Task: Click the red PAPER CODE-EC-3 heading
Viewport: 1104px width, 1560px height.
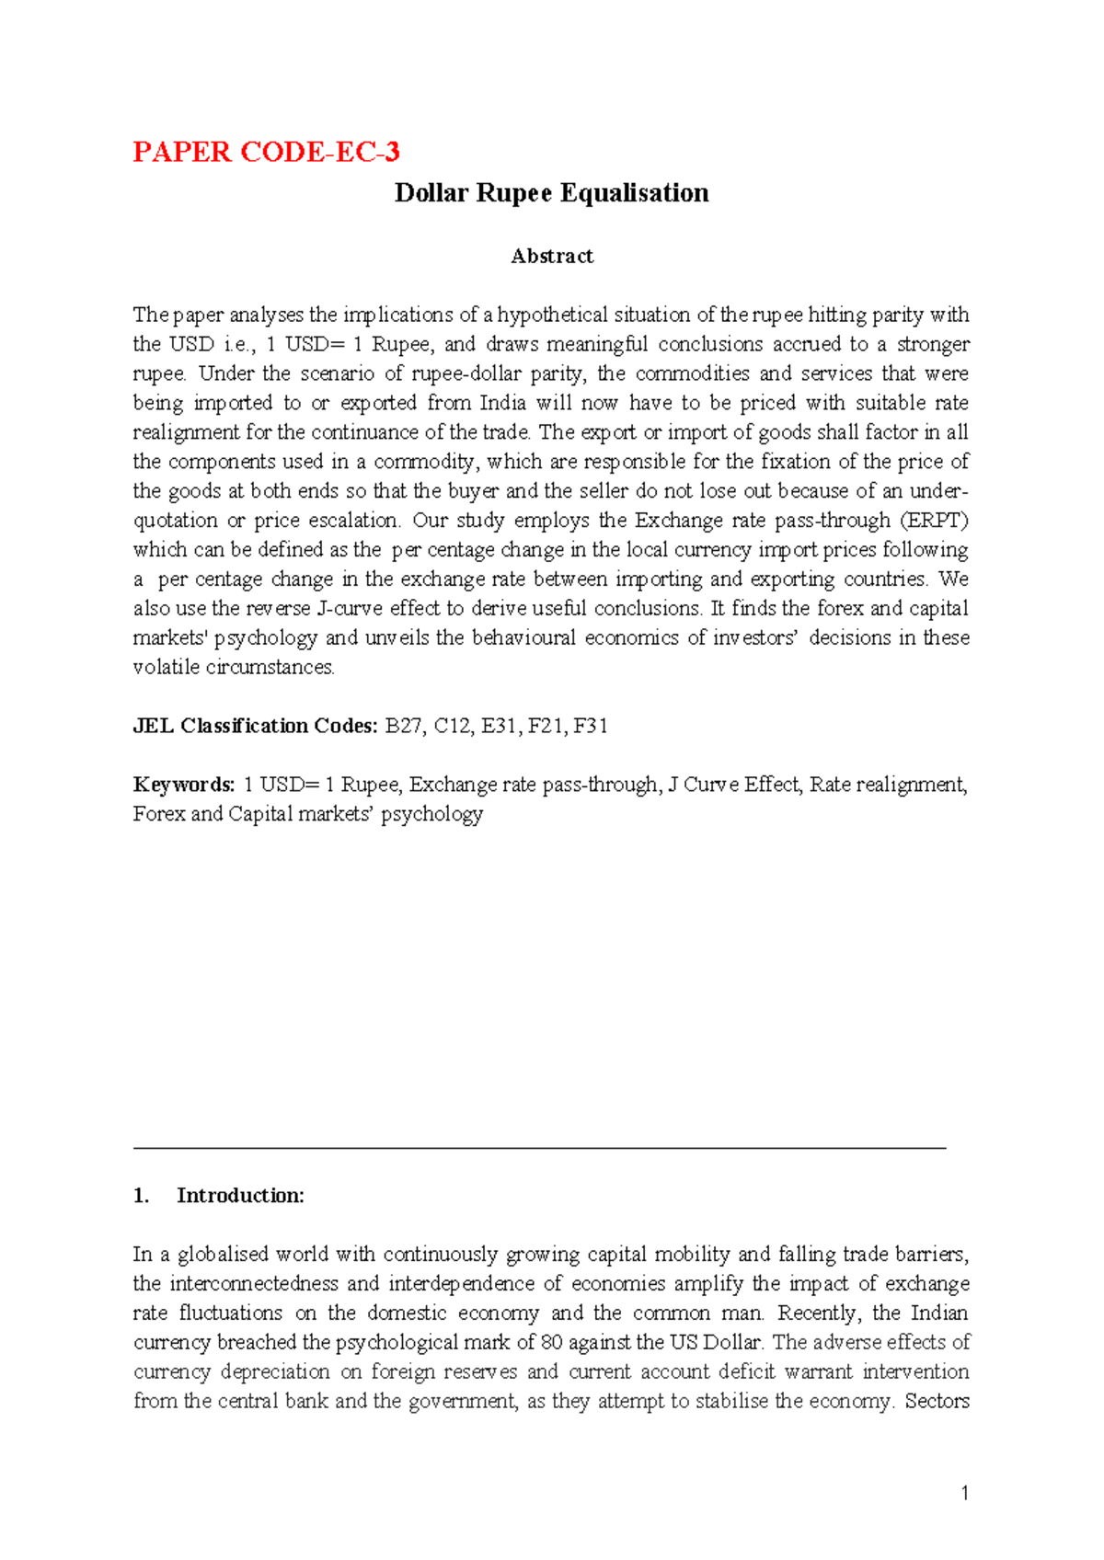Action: point(266,152)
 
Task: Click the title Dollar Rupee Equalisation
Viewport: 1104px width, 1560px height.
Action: point(551,193)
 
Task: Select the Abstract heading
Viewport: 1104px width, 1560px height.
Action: point(551,257)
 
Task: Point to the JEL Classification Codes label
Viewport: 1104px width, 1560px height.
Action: point(255,727)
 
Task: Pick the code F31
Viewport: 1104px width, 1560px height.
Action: point(590,727)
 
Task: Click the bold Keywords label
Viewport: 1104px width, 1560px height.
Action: point(184,785)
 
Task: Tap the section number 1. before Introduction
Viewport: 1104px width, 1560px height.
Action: point(141,1196)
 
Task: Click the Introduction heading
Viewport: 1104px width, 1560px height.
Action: point(240,1196)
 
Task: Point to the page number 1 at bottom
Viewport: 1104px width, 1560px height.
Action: point(964,1494)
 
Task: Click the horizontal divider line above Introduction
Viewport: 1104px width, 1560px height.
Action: point(539,1148)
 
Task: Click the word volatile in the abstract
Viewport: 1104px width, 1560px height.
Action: point(166,668)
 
